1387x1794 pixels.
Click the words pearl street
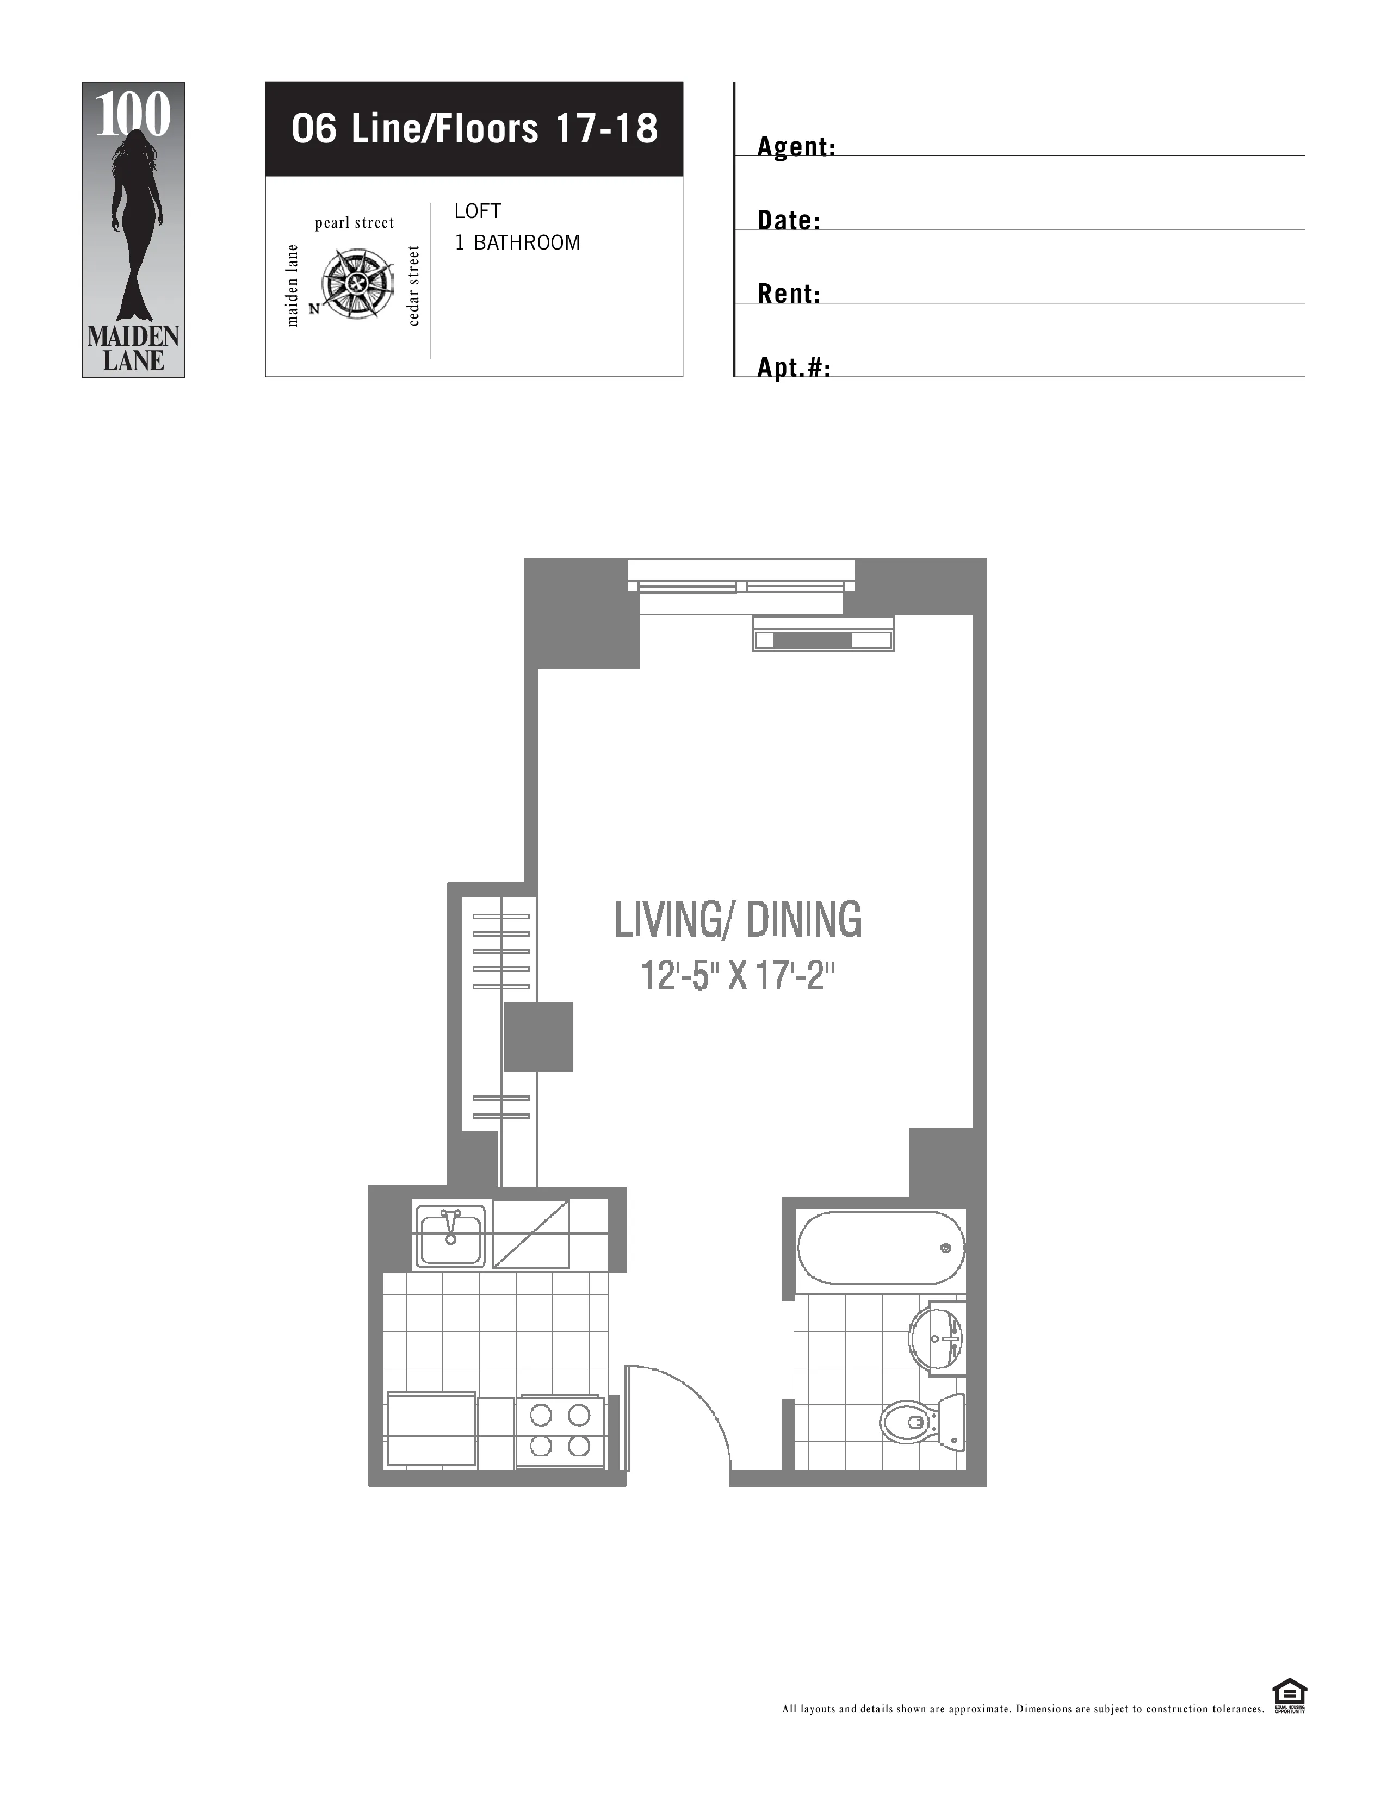tap(354, 222)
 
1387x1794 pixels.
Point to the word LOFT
tap(478, 211)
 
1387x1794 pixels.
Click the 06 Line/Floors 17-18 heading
tap(474, 129)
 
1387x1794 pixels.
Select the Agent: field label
tap(795, 147)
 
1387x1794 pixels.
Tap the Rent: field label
tap(788, 294)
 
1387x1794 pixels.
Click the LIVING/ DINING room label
tap(738, 919)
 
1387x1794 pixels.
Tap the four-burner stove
tap(560, 1432)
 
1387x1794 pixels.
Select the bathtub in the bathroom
tap(879, 1248)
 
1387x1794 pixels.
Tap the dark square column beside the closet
tap(537, 1036)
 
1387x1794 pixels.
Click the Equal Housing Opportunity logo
tap(1289, 1696)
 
